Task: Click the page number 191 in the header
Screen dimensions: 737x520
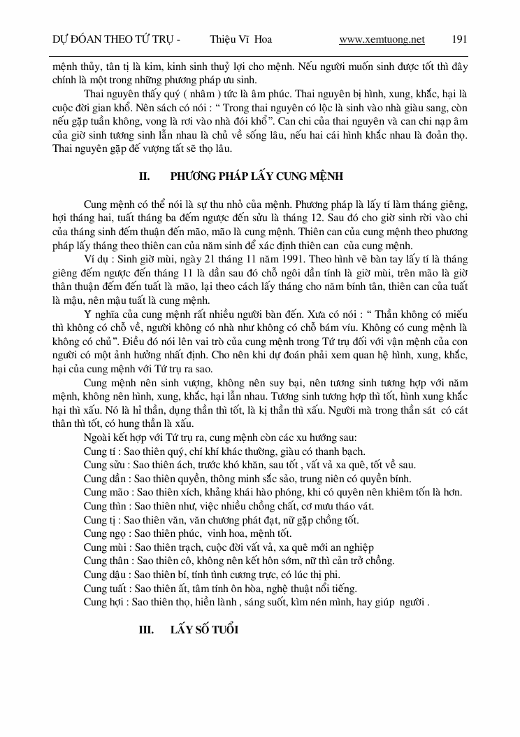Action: click(x=460, y=39)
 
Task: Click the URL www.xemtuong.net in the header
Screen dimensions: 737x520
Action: click(x=382, y=39)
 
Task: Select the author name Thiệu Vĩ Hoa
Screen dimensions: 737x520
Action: click(x=241, y=39)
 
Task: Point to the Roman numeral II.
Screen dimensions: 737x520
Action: click(x=145, y=175)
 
